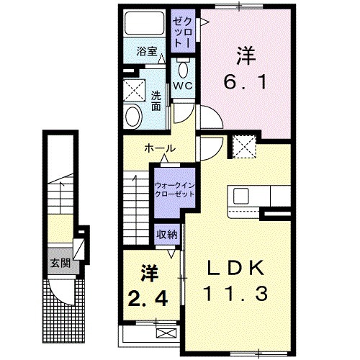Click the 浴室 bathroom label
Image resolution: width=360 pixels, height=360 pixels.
(146, 52)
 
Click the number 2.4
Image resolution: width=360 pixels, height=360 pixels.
(149, 295)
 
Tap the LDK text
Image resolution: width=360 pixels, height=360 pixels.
(238, 269)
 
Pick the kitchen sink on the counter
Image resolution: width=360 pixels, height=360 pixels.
(240, 197)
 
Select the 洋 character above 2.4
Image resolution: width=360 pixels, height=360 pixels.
(149, 272)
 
